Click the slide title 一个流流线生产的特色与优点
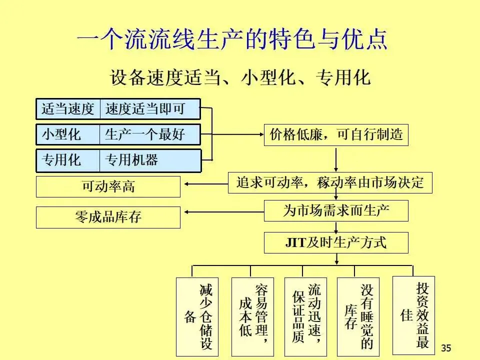pyautogui.click(x=232, y=40)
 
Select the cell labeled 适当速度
pyautogui.click(x=68, y=109)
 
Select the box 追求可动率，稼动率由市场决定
pyautogui.click(x=330, y=183)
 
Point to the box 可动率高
pyautogui.click(x=108, y=186)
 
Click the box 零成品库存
pyautogui.click(x=108, y=217)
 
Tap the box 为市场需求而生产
pyautogui.click(x=336, y=210)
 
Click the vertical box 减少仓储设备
pyautogui.click(x=197, y=316)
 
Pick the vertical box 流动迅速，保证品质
pyautogui.click(x=305, y=316)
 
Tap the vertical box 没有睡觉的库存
pyautogui.click(x=358, y=316)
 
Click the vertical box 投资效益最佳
pyautogui.click(x=413, y=315)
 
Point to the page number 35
pyautogui.click(x=446, y=348)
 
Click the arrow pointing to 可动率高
pyautogui.click(x=205, y=183)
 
